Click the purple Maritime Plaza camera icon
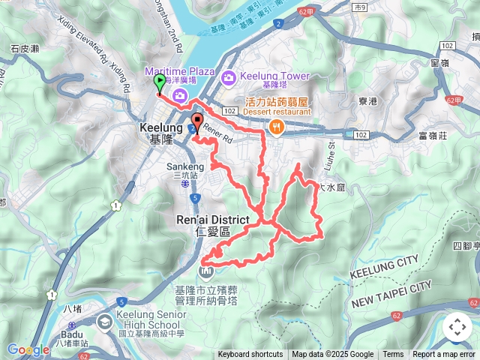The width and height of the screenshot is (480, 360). click(179, 94)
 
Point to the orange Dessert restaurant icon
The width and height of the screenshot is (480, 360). click(277, 127)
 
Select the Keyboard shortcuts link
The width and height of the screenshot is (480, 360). click(250, 355)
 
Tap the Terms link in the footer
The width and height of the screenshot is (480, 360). click(393, 355)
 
